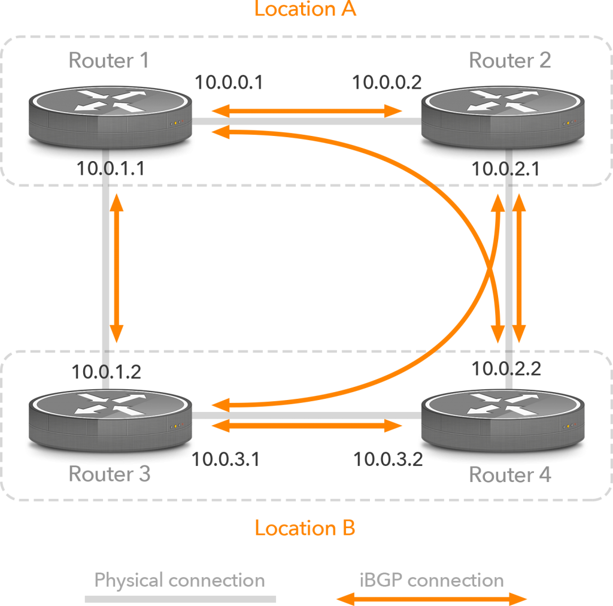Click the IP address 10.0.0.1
(229, 83)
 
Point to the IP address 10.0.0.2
(387, 83)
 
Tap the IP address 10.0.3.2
(388, 459)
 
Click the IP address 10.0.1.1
(111, 169)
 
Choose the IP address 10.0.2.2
(506, 369)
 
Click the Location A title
(305, 10)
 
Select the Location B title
(305, 528)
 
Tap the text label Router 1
(108, 60)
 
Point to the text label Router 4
(510, 475)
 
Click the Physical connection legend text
(180, 580)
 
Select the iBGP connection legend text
(432, 580)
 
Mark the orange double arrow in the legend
(432, 598)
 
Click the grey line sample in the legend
(180, 598)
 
